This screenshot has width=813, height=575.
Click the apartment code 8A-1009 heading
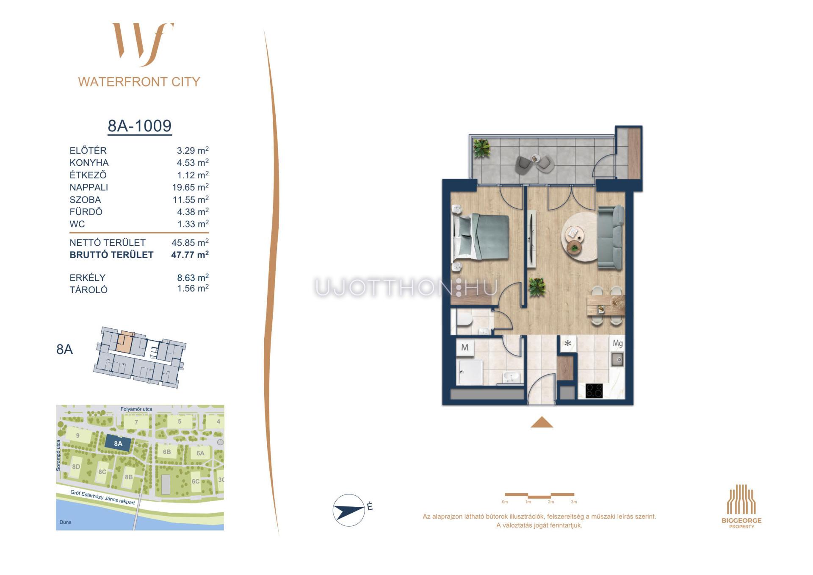point(140,126)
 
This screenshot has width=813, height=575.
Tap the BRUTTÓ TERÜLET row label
point(111,255)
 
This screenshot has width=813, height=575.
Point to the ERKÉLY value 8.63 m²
point(193,278)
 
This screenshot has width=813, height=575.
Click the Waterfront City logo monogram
point(143,44)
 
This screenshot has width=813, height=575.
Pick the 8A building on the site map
point(118,444)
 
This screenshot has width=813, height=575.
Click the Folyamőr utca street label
point(136,409)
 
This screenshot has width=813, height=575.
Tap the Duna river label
point(66,522)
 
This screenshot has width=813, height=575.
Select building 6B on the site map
point(167,452)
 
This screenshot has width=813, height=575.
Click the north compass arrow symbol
point(349,510)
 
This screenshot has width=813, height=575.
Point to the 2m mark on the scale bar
point(550,502)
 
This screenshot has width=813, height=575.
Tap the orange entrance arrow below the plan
point(542,422)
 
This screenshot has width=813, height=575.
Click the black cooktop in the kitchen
point(594,391)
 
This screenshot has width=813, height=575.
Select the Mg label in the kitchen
point(617,344)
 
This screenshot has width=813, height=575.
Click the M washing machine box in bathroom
point(465,348)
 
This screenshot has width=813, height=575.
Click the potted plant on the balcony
point(481,148)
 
